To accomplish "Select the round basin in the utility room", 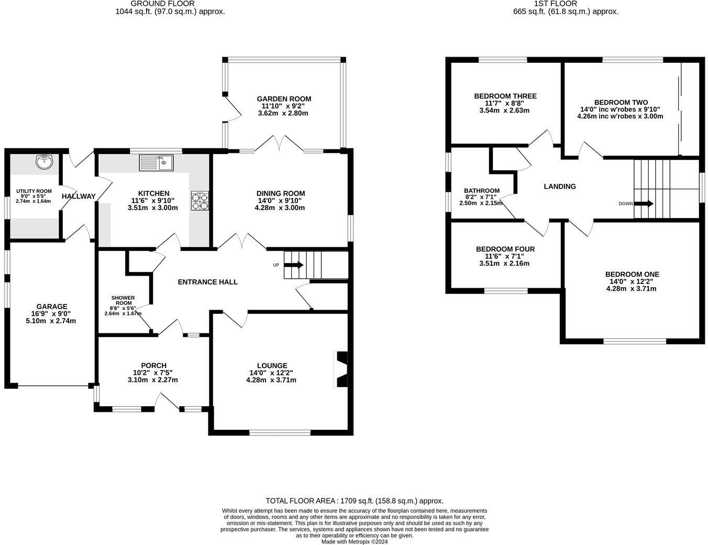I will point(45,162).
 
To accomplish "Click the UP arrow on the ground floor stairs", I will point(293,265).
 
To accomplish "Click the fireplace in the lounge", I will point(341,369).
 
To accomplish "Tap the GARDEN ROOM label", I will point(284,99).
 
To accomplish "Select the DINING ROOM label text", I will point(281,193).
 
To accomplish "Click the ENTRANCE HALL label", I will point(208,282).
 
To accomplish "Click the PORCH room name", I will point(153,365).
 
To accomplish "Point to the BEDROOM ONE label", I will point(632,274).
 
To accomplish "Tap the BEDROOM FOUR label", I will point(505,249).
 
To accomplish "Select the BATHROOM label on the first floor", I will point(482,191).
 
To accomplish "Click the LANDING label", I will point(560,186).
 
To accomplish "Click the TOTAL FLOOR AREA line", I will point(355,500).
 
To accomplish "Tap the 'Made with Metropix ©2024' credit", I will point(355,542).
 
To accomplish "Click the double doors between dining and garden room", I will point(282,144).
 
